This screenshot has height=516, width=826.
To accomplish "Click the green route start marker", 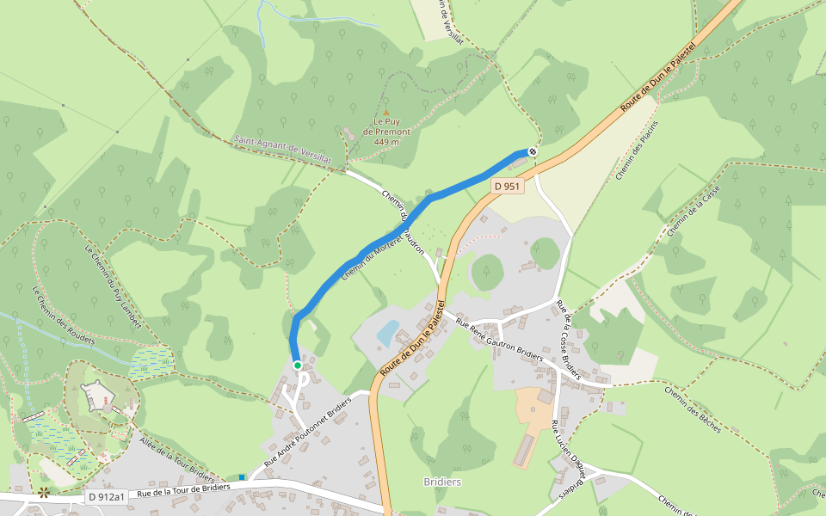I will click(x=298, y=365).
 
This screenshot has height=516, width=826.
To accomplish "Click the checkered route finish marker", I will click(x=533, y=152).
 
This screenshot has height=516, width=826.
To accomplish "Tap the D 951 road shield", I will click(x=507, y=186).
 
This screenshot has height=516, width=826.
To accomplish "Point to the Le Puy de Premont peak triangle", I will click(x=386, y=112).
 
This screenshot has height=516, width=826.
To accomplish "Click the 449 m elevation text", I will click(x=386, y=142).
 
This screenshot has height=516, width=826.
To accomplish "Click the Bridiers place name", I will click(x=443, y=482).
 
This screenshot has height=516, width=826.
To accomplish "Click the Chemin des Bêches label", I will click(x=692, y=409).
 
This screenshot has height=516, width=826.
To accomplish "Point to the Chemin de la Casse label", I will click(x=692, y=212).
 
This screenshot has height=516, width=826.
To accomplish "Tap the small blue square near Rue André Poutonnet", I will click(x=242, y=476).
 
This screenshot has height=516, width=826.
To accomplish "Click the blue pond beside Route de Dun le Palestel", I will click(x=387, y=331).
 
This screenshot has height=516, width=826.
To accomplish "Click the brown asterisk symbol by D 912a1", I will click(x=43, y=493).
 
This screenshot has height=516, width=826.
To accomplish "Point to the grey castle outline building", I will click(x=98, y=395).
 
